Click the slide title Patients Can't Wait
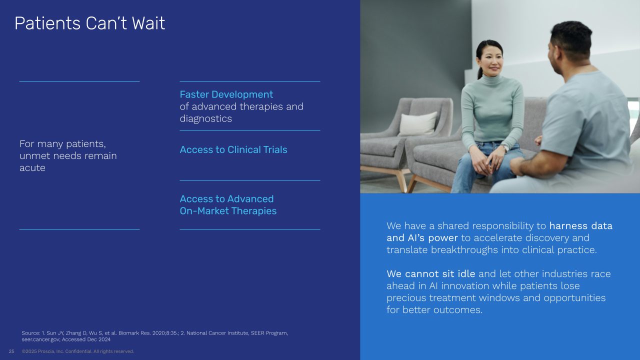(89, 23)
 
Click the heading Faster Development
(226, 94)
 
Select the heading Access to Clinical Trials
(233, 149)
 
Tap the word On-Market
(204, 211)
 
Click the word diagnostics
(205, 118)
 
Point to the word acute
(32, 168)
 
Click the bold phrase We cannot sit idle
(431, 273)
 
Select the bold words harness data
(581, 225)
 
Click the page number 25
(11, 351)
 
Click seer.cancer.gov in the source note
(40, 339)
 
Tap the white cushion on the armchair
(418, 123)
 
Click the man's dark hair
(571, 38)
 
